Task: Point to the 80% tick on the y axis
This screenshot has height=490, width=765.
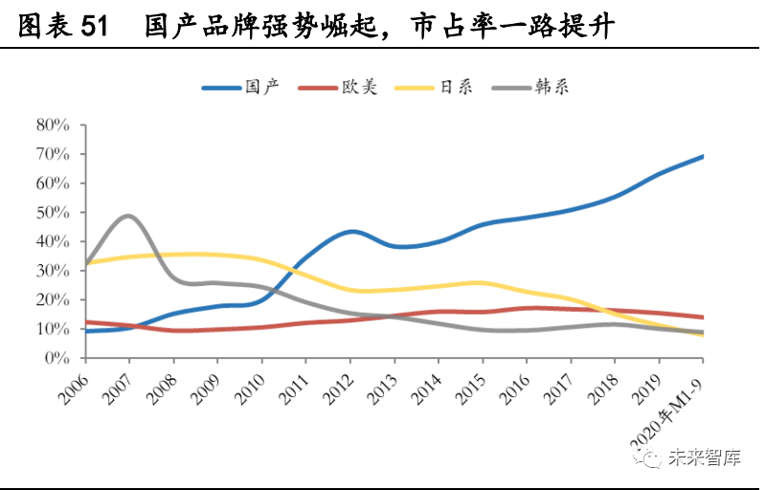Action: (53, 124)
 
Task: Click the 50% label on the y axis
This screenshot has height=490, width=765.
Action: (53, 212)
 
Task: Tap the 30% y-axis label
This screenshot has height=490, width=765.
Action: (53, 271)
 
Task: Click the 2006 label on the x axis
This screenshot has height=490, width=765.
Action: (70, 383)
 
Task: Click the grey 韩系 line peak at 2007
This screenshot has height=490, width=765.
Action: (128, 216)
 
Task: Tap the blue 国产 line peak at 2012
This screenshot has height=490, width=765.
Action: (350, 232)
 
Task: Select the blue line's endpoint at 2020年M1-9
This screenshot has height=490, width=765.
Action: (703, 156)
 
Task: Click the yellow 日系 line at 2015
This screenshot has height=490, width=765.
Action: (482, 282)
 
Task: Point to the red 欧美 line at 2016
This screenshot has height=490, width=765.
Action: (527, 308)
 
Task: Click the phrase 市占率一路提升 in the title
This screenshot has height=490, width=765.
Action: (510, 27)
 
